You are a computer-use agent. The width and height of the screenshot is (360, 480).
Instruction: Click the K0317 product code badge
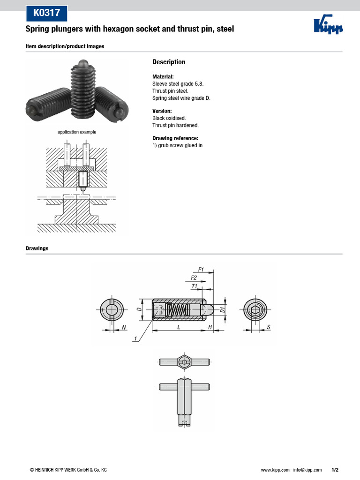(x=46, y=13)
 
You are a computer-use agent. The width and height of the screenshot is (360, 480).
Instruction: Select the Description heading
(x=169, y=62)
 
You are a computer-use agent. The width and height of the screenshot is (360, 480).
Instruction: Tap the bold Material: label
(x=163, y=76)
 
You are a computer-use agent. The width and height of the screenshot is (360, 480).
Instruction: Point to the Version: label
(x=162, y=111)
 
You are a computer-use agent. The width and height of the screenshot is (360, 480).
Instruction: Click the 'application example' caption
(x=77, y=132)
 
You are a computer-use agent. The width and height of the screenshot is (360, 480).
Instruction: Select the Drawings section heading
(x=37, y=248)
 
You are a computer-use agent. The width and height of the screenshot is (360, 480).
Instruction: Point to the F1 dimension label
(x=201, y=270)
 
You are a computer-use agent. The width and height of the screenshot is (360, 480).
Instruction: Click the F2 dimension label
(x=194, y=277)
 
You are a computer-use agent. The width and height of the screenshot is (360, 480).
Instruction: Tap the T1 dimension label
(x=194, y=285)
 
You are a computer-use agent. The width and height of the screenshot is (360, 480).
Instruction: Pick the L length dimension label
(x=179, y=327)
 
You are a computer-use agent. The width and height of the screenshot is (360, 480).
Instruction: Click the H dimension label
(x=210, y=327)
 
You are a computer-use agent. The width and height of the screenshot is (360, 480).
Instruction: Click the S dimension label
(x=268, y=327)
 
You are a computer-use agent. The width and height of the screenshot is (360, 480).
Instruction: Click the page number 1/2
(x=335, y=470)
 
